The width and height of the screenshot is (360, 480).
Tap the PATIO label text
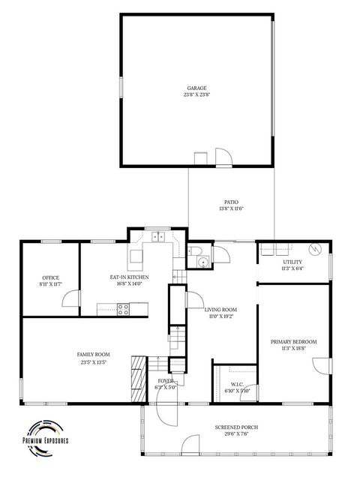tap(231, 202)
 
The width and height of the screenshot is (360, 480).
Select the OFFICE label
tap(50, 277)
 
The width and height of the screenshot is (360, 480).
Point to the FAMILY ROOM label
tap(93, 354)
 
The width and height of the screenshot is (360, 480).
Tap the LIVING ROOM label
tap(220, 309)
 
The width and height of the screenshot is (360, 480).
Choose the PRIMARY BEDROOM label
tap(293, 341)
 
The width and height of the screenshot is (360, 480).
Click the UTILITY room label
tap(292, 261)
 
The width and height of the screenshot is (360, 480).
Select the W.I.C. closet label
tap(235, 384)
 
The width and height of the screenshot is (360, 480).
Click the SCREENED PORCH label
tap(236, 427)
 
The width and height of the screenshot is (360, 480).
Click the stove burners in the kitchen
tap(124, 307)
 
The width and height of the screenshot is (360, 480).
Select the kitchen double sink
tap(158, 237)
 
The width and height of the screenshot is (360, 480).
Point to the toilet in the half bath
tap(193, 250)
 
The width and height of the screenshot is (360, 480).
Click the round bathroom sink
tap(202, 262)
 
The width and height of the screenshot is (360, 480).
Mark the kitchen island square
tap(136, 259)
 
